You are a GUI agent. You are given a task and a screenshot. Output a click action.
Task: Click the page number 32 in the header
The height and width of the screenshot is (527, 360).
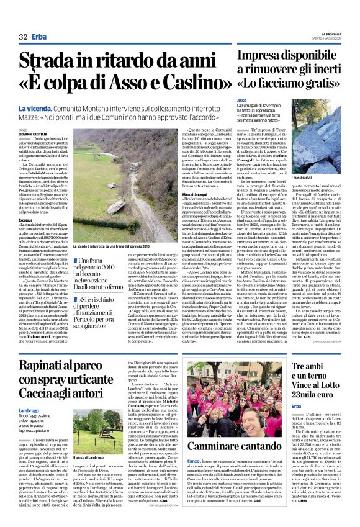(24, 37)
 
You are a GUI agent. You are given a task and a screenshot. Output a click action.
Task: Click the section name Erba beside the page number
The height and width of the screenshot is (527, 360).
(39, 37)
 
